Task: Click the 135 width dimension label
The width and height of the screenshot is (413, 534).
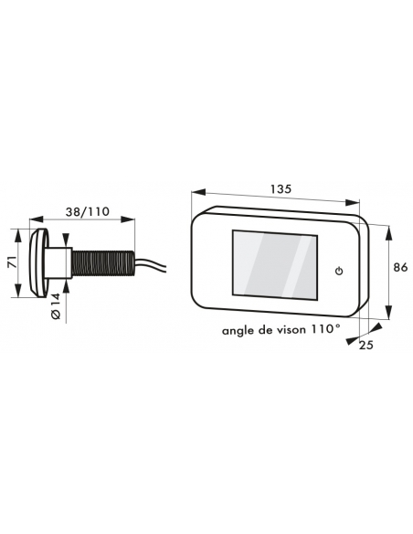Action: coord(281,188)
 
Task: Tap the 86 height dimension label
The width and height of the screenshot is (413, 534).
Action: coord(400,267)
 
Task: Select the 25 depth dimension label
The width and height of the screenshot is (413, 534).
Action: coord(366,345)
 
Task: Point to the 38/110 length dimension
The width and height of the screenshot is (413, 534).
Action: coord(88,211)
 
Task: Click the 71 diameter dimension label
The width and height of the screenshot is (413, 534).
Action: coord(12,262)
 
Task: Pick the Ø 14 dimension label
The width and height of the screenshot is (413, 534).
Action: coord(56,305)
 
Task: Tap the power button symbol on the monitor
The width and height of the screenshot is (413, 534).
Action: coord(339,271)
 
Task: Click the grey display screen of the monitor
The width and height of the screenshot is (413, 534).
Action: coord(274,264)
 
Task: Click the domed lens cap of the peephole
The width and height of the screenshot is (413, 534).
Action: coord(37,262)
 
